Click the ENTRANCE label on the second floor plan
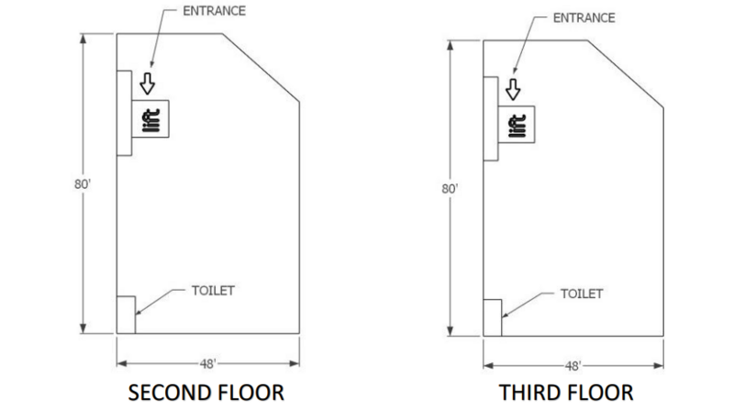(x=214, y=11)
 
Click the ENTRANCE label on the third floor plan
(x=584, y=17)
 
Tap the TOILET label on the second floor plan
(x=213, y=291)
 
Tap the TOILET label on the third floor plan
(x=582, y=294)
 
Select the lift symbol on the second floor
(x=150, y=119)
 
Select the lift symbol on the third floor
(x=517, y=125)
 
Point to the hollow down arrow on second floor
(x=148, y=83)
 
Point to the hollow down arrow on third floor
(x=513, y=89)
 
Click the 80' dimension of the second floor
(x=83, y=184)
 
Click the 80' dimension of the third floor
(x=450, y=189)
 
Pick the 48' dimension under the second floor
(x=207, y=363)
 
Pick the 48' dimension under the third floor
(x=573, y=366)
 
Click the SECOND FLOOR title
(x=206, y=393)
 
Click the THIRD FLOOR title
(x=566, y=393)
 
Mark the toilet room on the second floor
(x=126, y=315)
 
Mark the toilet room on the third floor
(x=493, y=317)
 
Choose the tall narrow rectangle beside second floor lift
(x=125, y=113)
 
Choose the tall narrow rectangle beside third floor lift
(x=491, y=119)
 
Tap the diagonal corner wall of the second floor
(x=261, y=67)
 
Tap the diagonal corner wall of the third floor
(x=626, y=74)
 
